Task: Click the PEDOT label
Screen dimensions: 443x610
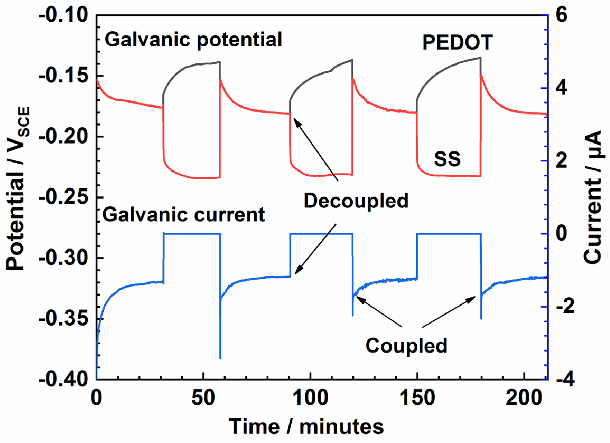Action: pyautogui.click(x=457, y=43)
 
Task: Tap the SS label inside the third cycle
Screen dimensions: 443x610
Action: pyautogui.click(x=447, y=159)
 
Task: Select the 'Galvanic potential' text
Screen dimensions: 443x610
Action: pyautogui.click(x=193, y=40)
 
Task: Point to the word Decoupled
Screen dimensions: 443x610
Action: pyautogui.click(x=356, y=201)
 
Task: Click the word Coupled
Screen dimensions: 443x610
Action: pyautogui.click(x=406, y=346)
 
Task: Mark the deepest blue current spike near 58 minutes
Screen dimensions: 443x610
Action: pyautogui.click(x=220, y=358)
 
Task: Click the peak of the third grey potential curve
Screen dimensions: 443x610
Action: pyautogui.click(x=480, y=58)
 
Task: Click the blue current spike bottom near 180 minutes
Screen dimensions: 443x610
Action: pyautogui.click(x=481, y=319)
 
